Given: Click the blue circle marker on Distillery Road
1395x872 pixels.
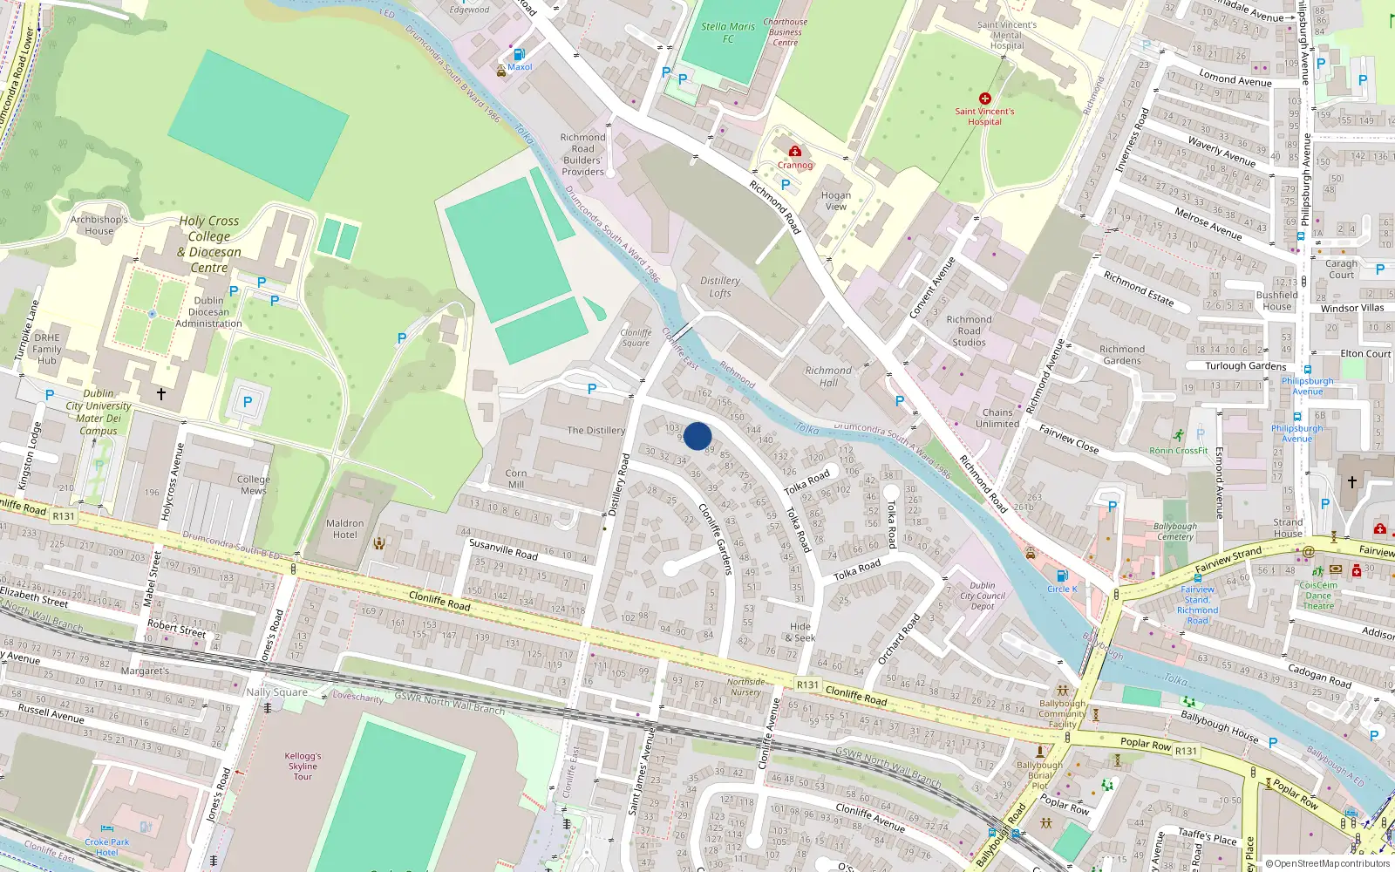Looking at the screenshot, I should coord(697,436).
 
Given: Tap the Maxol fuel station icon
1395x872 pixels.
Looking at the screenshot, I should coord(520,55).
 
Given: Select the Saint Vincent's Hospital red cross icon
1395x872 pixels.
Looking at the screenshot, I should coord(985,99).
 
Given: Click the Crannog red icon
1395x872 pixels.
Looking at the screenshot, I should coord(794,152).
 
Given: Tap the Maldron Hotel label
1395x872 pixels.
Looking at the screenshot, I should coord(344,529).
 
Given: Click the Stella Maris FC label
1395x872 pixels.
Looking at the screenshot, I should coord(728,32).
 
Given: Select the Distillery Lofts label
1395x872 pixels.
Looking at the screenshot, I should coord(720,287).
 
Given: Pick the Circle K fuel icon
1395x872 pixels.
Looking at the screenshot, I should coord(1062,576).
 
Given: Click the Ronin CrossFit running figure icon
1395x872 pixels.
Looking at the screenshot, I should coord(1179,435).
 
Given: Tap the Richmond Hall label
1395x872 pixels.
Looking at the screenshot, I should coord(828,376).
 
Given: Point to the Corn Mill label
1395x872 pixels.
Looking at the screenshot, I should coord(516,479).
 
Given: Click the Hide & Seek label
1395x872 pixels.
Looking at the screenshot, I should coord(800,632).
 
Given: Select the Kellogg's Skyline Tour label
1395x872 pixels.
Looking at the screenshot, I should coord(303,766).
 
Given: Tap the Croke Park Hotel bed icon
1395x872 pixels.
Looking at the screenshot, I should coord(107,829).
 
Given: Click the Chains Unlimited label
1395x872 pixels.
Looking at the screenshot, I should coord(997,418).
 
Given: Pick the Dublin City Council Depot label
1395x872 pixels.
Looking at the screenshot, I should coord(983,596).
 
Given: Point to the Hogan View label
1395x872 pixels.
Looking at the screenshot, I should coord(835,201).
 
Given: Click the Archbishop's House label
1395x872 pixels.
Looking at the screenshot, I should coord(99,225).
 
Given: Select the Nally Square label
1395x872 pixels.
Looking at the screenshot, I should coord(276,692).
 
